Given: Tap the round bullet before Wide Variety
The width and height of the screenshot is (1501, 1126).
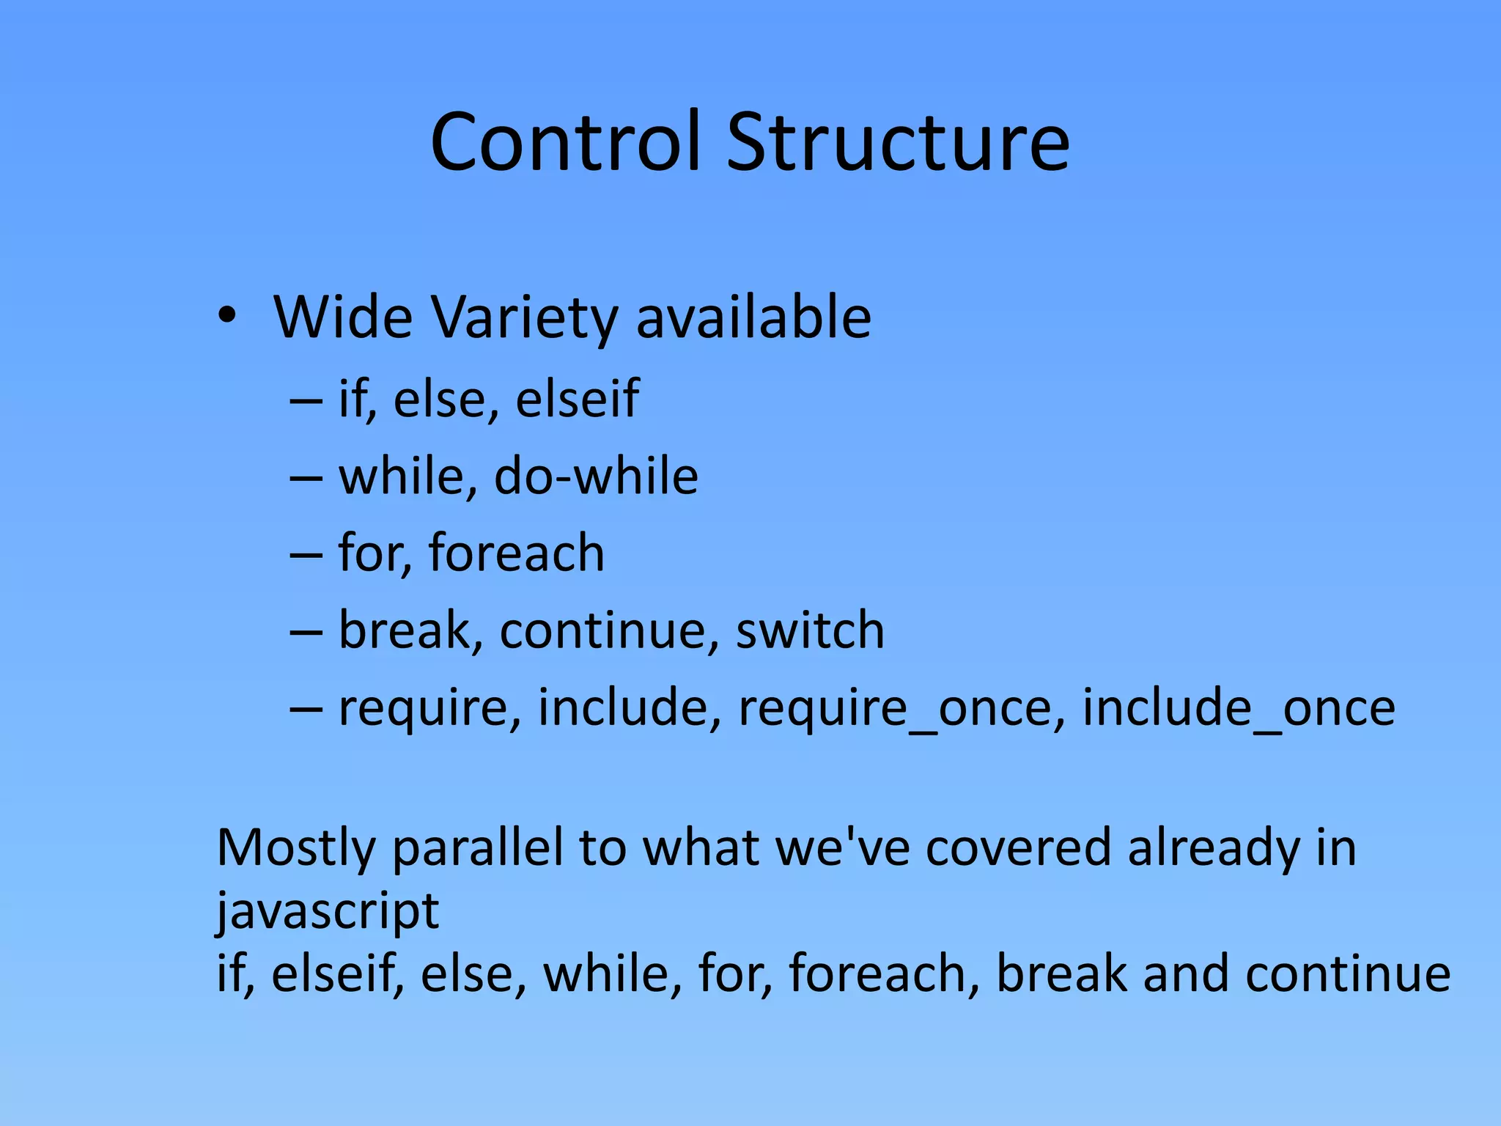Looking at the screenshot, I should pyautogui.click(x=227, y=317).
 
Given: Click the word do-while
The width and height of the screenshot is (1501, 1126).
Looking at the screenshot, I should pyautogui.click(x=596, y=476).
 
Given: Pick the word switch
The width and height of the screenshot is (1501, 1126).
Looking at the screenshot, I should pyautogui.click(x=810, y=630).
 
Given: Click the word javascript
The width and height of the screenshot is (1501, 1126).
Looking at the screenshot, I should pyautogui.click(x=328, y=911).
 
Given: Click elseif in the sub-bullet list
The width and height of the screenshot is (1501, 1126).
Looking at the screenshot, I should pyautogui.click(x=578, y=400).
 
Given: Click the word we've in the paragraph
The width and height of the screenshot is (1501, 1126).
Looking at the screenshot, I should pyautogui.click(x=843, y=847).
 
